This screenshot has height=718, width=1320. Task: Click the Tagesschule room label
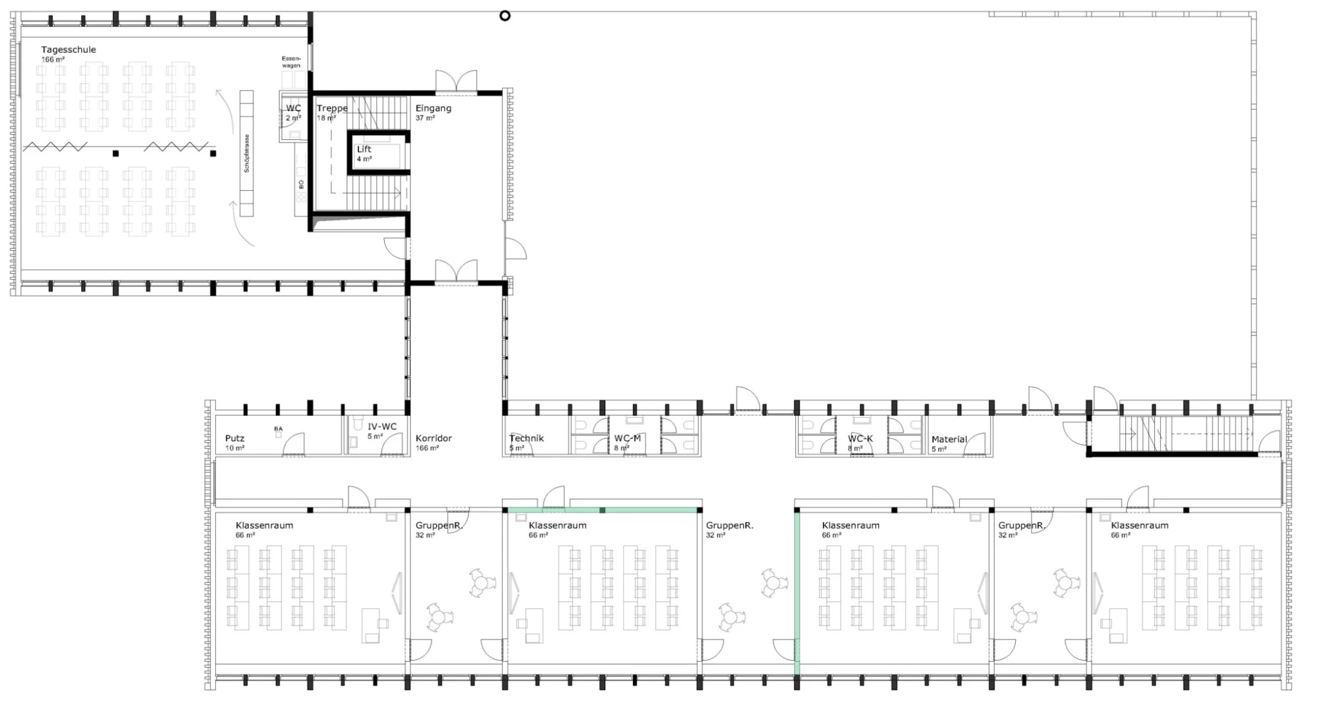[x=69, y=49]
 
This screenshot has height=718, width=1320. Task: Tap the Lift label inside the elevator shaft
[x=364, y=149]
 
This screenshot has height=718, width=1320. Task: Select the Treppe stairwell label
[x=332, y=108]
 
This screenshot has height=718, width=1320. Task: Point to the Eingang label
[x=433, y=108]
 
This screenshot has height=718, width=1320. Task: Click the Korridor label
[x=434, y=438]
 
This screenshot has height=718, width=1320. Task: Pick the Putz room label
[x=234, y=438]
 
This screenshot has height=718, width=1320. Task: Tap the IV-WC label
[x=382, y=427]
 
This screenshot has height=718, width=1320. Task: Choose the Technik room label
[x=527, y=438]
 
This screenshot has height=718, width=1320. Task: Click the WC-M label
[x=627, y=438]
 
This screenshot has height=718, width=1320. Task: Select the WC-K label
[x=860, y=438]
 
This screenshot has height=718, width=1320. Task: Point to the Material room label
[x=949, y=439]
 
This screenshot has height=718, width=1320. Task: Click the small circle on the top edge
[x=505, y=16]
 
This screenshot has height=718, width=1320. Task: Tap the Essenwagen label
[x=291, y=62]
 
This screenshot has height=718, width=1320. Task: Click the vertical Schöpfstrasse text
[x=247, y=154]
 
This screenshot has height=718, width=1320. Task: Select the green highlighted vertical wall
[x=797, y=594]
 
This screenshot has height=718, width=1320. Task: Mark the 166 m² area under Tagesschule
[x=53, y=60]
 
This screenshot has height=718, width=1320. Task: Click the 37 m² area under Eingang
[x=425, y=118]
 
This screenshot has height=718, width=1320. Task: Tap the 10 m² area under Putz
[x=234, y=448]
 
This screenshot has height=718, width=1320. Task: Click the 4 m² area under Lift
[x=364, y=159]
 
